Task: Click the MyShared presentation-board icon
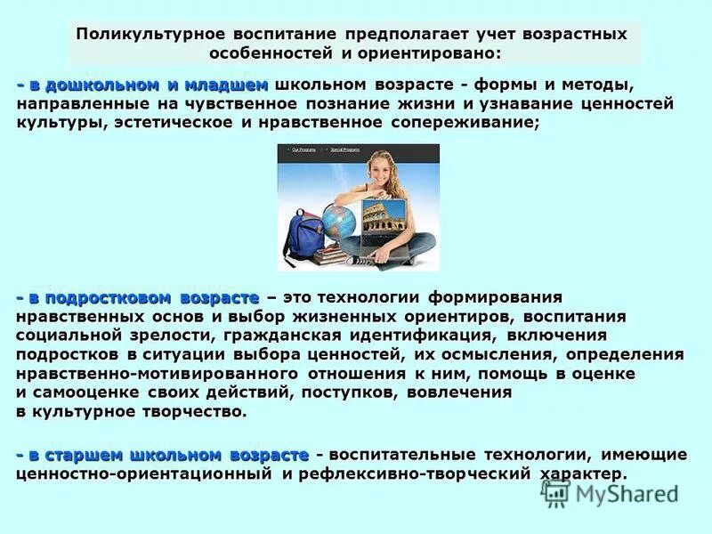(x=558, y=492)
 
